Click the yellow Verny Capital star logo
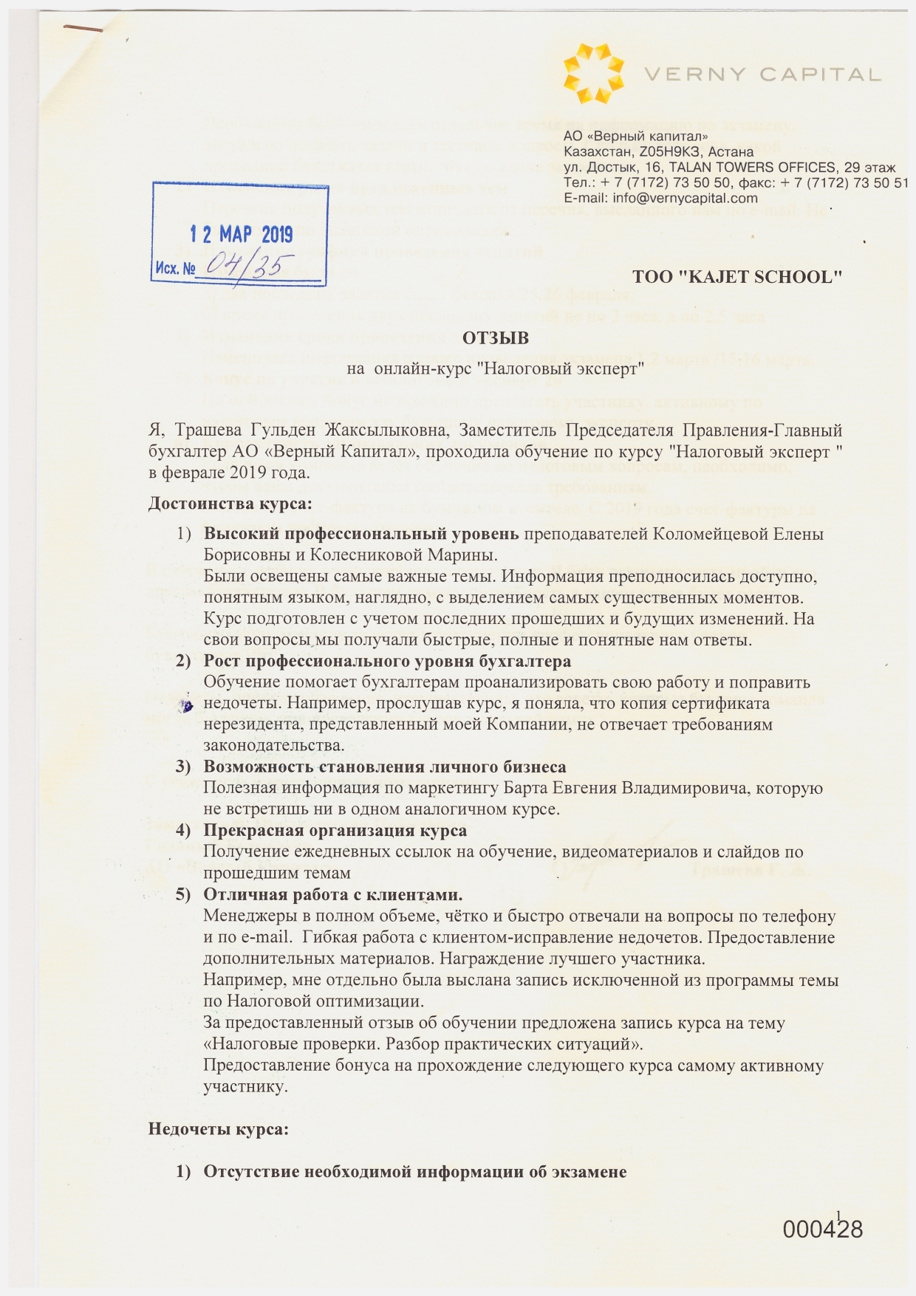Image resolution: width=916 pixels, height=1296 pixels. tap(593, 73)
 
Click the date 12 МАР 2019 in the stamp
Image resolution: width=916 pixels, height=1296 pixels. tap(242, 235)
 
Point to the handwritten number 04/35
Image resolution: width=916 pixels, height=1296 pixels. tap(250, 264)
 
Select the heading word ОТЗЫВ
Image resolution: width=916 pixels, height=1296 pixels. tap(496, 338)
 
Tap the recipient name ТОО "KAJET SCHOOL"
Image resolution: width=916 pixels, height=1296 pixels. tap(737, 277)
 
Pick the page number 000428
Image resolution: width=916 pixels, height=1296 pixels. tap(822, 1230)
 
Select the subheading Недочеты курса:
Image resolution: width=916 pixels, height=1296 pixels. tap(218, 1129)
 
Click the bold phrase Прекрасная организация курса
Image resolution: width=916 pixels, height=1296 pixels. tap(335, 831)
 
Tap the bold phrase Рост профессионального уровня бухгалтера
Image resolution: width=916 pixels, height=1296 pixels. tap(387, 661)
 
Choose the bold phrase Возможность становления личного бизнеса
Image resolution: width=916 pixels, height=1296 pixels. tap(385, 767)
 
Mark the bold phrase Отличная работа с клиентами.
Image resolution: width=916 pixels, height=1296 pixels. tap(333, 895)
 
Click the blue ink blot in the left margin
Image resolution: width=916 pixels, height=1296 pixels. tap(188, 706)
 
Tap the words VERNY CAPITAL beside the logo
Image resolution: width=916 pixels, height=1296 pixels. tap(762, 75)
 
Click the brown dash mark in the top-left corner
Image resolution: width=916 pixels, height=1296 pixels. tap(83, 28)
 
